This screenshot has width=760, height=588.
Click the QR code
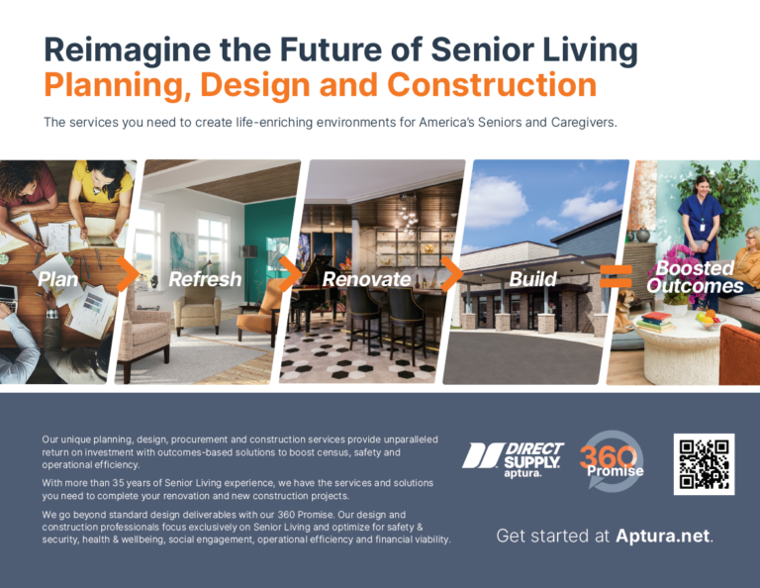(x=704, y=464)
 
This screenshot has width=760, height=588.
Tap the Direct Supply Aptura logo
(x=514, y=459)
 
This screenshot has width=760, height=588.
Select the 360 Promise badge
(x=612, y=461)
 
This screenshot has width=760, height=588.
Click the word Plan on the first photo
(x=57, y=279)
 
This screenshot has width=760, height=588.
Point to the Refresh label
(x=205, y=279)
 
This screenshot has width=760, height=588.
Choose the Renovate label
(x=366, y=279)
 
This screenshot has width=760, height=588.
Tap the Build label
(x=532, y=279)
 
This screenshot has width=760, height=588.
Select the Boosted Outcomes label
(x=695, y=277)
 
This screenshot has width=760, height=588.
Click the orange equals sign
(x=616, y=276)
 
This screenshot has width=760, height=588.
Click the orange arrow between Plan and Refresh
(x=129, y=274)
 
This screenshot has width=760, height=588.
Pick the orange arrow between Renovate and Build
(x=451, y=274)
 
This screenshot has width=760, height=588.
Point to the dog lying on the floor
(x=624, y=311)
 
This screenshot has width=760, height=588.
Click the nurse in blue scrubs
(x=702, y=233)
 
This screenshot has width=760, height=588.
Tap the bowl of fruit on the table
(x=711, y=320)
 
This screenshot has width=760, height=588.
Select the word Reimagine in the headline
(x=128, y=50)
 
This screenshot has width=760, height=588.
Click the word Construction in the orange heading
(x=492, y=84)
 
